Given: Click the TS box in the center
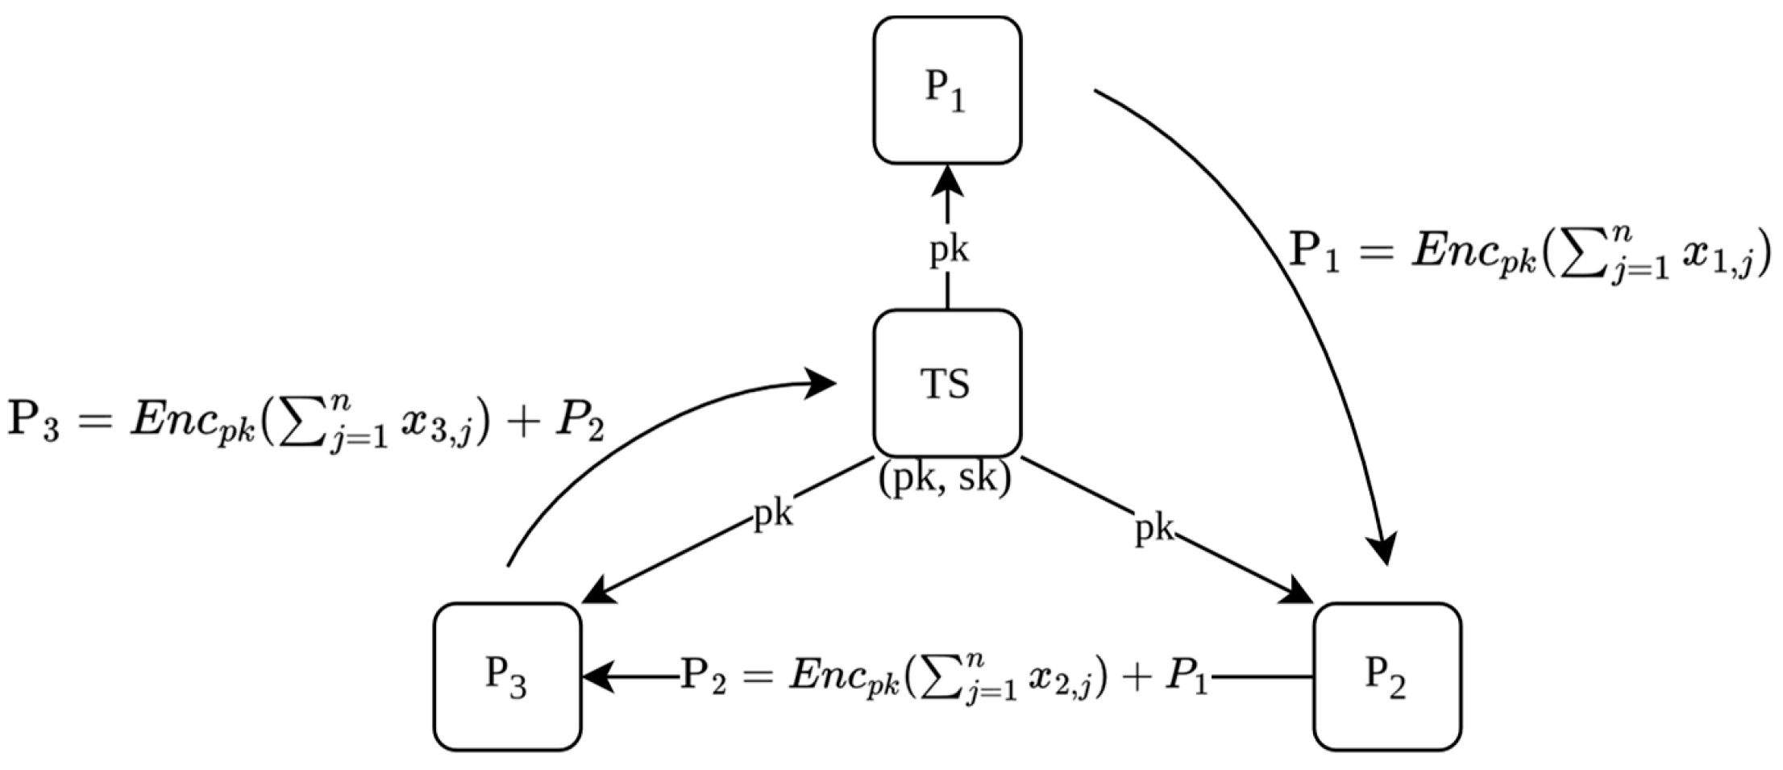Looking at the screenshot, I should tap(947, 383).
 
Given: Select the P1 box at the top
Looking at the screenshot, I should tap(947, 90).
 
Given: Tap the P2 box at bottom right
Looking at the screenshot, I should tap(1386, 676).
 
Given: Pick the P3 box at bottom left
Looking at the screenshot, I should tap(507, 676).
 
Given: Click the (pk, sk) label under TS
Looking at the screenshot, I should tap(945, 479).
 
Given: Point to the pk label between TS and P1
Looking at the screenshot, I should tap(949, 251).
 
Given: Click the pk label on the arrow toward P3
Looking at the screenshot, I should tap(772, 514).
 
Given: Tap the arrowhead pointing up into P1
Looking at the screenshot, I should tap(947, 181).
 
